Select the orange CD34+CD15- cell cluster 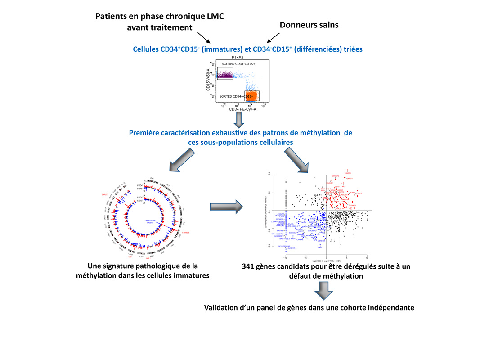pyautogui.click(x=252, y=95)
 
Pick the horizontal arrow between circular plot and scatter pyautogui.click(x=226, y=207)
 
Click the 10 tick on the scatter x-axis pyautogui.click(x=367, y=257)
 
